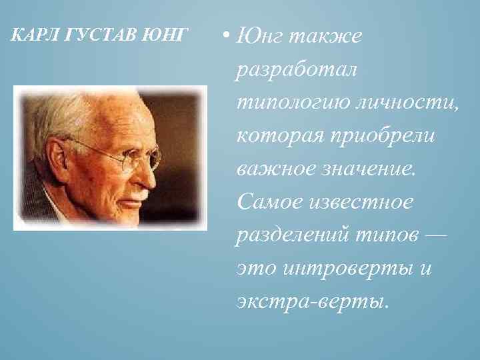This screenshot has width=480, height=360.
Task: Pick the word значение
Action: [x=369, y=169]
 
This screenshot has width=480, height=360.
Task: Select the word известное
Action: [x=361, y=201]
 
